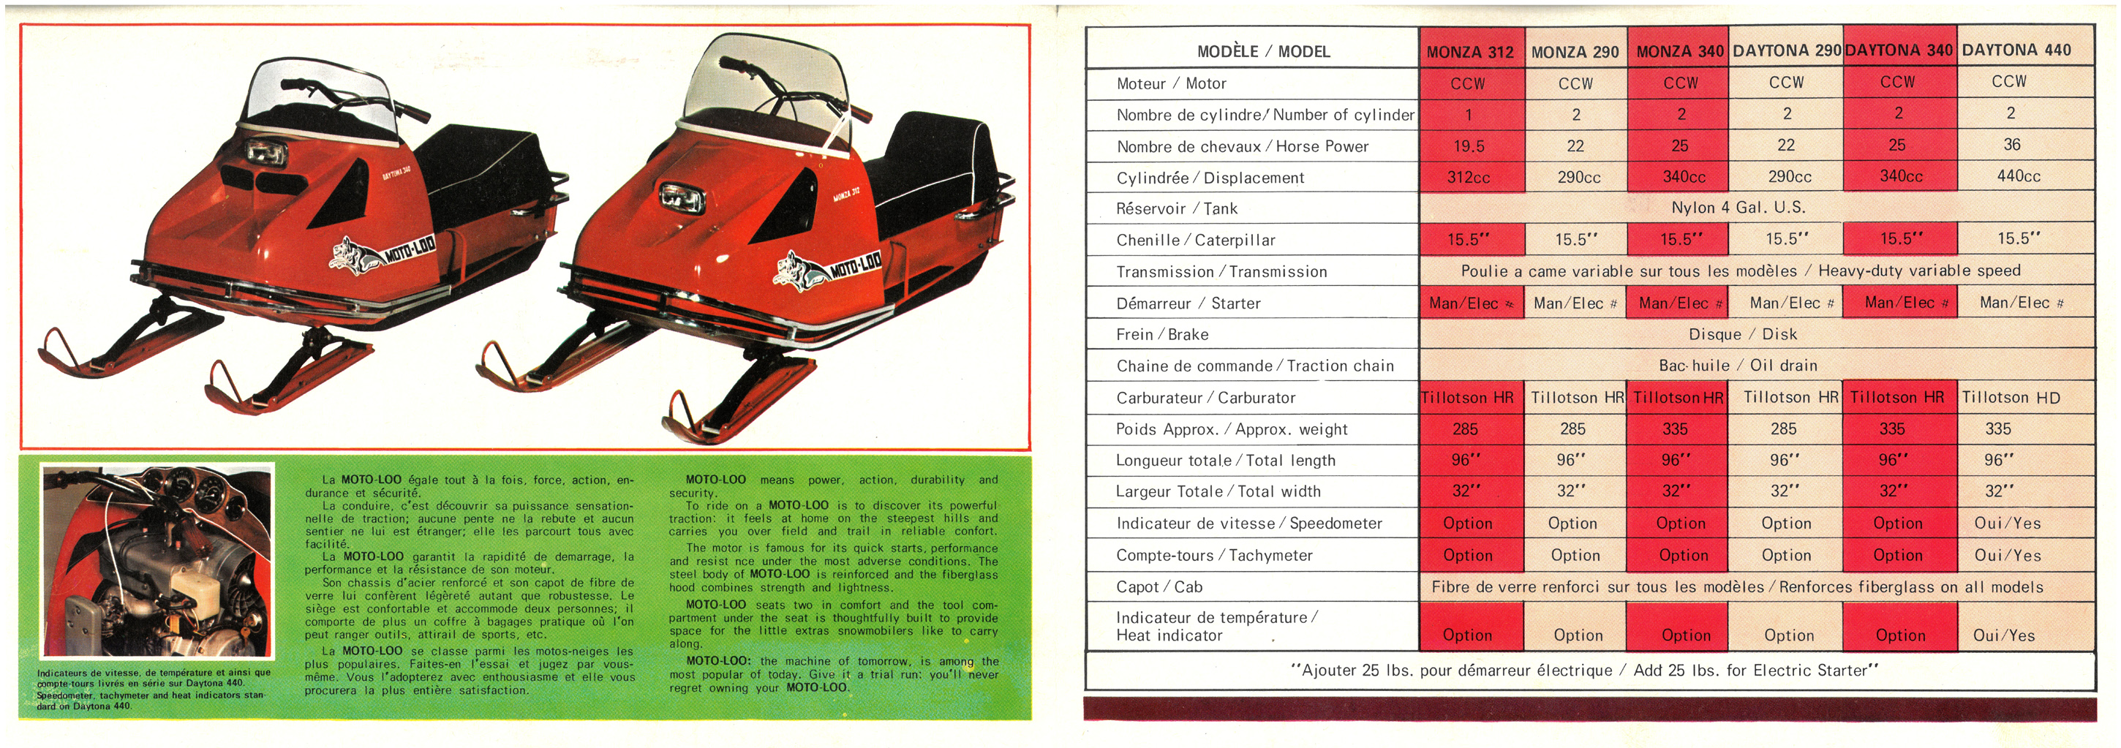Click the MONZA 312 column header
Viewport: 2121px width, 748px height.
point(1470,52)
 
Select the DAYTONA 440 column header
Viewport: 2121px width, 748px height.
point(2016,50)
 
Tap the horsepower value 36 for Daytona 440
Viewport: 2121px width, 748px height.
point(2011,145)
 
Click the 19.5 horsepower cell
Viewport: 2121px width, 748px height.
point(1469,146)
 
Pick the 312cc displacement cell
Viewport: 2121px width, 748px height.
point(1468,177)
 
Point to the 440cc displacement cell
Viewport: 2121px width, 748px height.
point(2018,176)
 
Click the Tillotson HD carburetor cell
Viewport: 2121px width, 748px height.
point(2010,398)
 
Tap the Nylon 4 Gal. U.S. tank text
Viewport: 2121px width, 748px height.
point(1737,208)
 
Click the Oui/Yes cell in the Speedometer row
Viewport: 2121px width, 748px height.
point(2008,524)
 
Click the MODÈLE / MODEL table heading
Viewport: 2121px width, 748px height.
point(1263,52)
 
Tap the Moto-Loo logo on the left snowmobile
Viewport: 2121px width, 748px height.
point(383,251)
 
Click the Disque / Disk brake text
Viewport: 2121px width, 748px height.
point(1742,334)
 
